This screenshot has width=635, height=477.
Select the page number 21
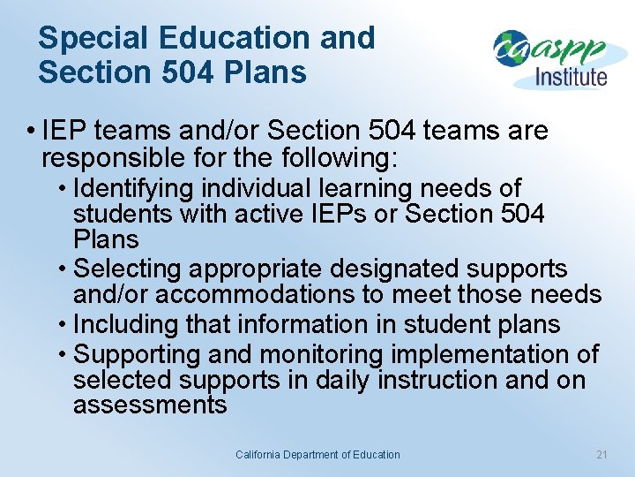pyautogui.click(x=602, y=455)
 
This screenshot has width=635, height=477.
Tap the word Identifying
pyautogui.click(x=135, y=189)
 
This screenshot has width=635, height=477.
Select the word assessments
pyautogui.click(x=150, y=405)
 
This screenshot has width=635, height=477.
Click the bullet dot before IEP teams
pyautogui.click(x=31, y=132)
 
